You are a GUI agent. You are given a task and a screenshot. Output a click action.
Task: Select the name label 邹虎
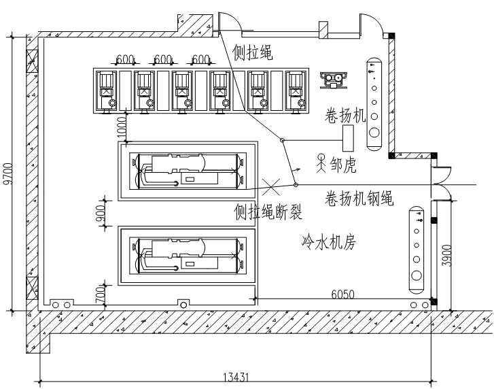[343, 165]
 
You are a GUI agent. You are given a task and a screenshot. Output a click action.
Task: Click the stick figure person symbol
[322, 162]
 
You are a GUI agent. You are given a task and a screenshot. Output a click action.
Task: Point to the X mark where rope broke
[270, 184]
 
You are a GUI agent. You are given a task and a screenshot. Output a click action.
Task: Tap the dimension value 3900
[446, 255]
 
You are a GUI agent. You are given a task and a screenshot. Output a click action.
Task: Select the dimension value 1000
[122, 127]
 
